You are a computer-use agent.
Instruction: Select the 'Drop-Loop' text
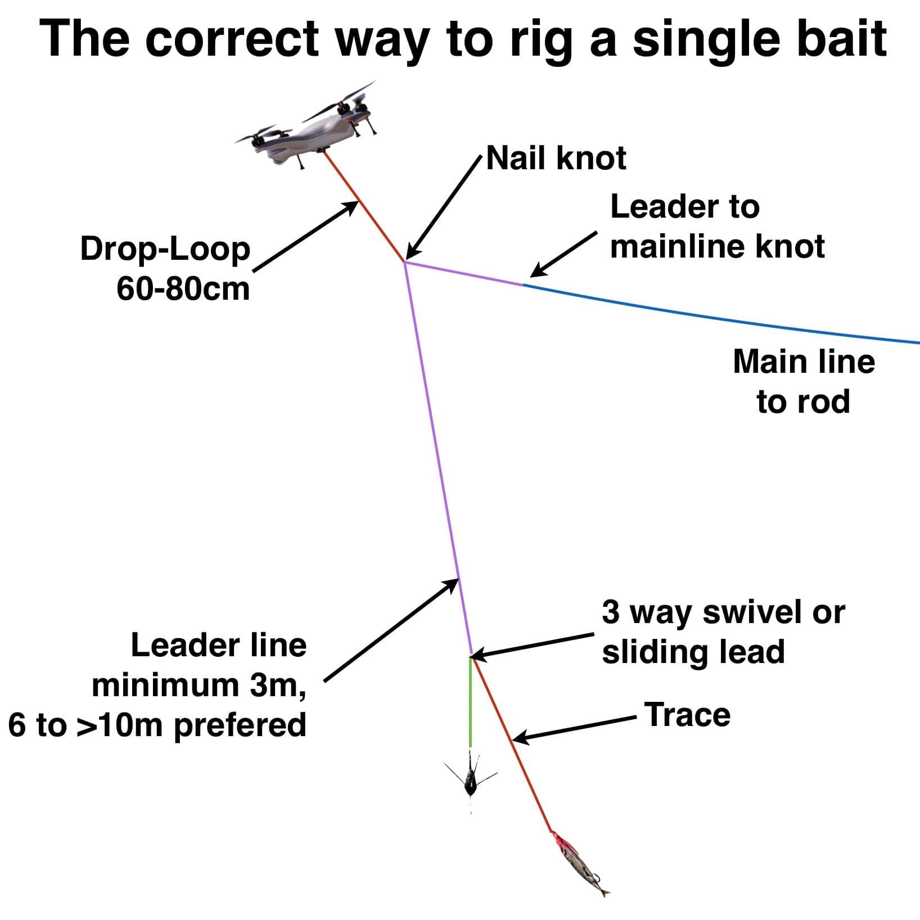165,250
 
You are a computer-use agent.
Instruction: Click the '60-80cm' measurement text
183,289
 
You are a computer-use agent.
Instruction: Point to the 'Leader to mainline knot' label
717,227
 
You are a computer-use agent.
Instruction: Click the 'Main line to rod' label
804,381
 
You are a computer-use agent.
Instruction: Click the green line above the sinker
470,702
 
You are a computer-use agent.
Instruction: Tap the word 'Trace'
688,715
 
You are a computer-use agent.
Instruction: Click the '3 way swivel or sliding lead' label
723,632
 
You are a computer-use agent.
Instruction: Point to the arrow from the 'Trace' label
574,729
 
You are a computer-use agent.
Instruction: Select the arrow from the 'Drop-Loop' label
306,237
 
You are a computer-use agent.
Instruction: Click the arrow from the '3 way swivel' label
531,646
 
